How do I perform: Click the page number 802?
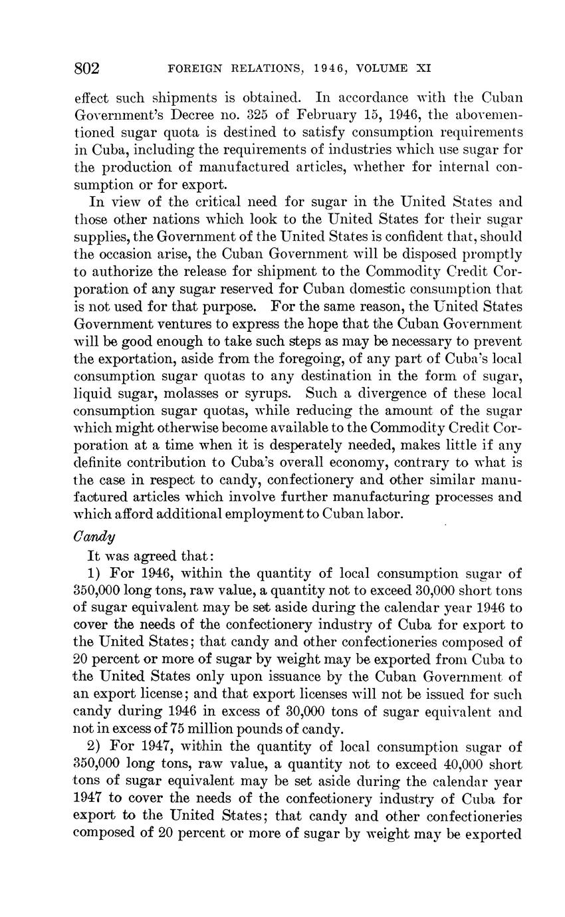86,68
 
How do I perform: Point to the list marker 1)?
95,573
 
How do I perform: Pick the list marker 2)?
95,747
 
